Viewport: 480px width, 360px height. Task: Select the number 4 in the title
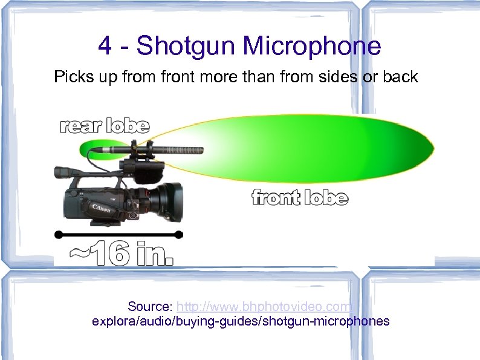coord(104,46)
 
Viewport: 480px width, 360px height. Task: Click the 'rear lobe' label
coord(104,126)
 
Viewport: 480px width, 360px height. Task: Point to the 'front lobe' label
coord(299,198)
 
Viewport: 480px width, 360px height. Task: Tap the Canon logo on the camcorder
coord(100,208)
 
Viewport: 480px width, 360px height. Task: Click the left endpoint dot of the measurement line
coord(58,234)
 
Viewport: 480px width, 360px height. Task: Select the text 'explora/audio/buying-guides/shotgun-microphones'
coord(241,321)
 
